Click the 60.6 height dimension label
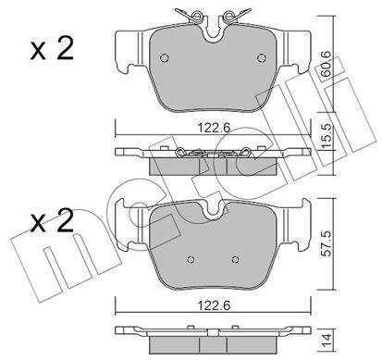point(326,64)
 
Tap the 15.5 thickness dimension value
point(326,135)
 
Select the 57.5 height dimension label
point(327,242)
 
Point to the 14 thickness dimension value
point(327,340)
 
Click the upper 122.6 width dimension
point(214,128)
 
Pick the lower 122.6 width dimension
point(214,305)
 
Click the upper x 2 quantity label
point(52,48)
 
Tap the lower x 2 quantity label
point(52,220)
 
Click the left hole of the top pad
point(165,58)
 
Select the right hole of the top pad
point(262,58)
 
